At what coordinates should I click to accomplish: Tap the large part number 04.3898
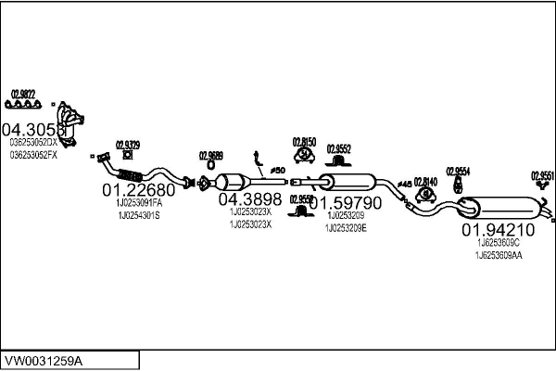pos(249,198)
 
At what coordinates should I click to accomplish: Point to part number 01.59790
pos(345,202)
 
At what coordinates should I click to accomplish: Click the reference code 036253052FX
pos(33,155)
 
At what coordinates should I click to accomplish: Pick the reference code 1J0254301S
pos(138,215)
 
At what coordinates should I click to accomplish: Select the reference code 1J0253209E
pos(346,227)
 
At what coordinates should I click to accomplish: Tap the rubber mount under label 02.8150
pos(304,160)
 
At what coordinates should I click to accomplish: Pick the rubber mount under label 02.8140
pos(424,196)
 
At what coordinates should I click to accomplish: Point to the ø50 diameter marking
pos(275,171)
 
